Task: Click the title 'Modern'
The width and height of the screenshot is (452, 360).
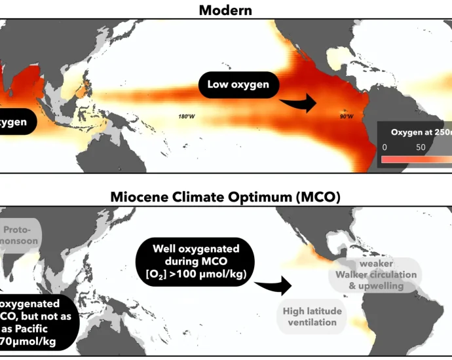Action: click(x=226, y=10)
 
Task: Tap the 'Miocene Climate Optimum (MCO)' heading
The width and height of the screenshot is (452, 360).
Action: click(x=226, y=196)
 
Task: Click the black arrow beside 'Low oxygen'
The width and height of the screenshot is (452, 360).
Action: click(x=298, y=102)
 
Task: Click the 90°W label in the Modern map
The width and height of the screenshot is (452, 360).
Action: click(x=346, y=117)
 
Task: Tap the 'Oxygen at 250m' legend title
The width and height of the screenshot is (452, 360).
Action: click(x=418, y=132)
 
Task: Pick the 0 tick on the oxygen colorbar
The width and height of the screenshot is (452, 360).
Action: click(x=385, y=147)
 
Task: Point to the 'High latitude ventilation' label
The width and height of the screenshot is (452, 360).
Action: click(x=313, y=317)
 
